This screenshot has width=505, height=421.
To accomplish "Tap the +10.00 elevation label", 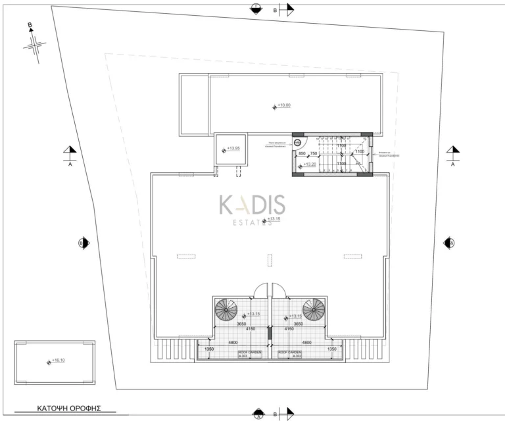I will tap(282, 105).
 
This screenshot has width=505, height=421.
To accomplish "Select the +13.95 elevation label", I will tap(233, 149).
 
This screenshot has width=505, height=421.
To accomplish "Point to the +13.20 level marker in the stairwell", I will tap(308, 165).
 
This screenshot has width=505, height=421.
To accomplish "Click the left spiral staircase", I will tap(229, 309).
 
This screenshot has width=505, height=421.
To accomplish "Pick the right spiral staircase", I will tap(313, 309).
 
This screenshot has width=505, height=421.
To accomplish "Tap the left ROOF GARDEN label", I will tap(250, 354).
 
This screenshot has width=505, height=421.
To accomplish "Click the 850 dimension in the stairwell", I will tap(302, 154).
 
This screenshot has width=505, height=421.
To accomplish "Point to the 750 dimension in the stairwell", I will tap(313, 154).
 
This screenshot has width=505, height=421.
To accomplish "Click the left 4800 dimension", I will tap(232, 342).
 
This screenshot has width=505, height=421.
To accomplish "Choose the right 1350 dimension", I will tap(332, 349).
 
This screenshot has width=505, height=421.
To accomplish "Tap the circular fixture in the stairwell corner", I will tap(297, 141).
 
